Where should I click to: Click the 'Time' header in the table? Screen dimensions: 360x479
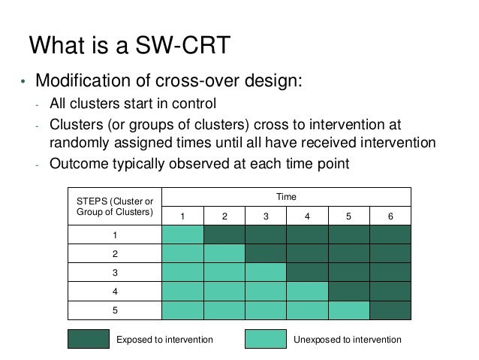[287, 197]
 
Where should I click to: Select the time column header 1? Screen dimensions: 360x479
[182, 216]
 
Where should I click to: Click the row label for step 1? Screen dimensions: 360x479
[115, 234]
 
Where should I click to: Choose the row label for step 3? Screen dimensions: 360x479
[115, 271]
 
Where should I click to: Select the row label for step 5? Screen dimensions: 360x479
[115, 308]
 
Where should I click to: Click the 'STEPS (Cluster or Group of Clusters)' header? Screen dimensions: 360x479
[115, 206]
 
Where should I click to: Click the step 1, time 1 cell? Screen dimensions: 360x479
[182, 234]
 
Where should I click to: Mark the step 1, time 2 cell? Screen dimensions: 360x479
[224, 234]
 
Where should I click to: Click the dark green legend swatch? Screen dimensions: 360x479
[88, 340]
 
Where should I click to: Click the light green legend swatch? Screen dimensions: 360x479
[266, 340]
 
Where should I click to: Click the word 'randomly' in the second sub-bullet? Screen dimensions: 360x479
[79, 142]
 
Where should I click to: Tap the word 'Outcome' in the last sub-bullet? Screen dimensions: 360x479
[77, 162]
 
